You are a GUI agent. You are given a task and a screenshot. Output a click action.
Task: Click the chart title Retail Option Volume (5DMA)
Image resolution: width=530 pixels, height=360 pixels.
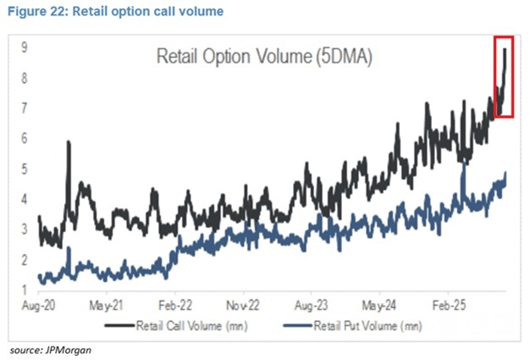[x=266, y=58]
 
